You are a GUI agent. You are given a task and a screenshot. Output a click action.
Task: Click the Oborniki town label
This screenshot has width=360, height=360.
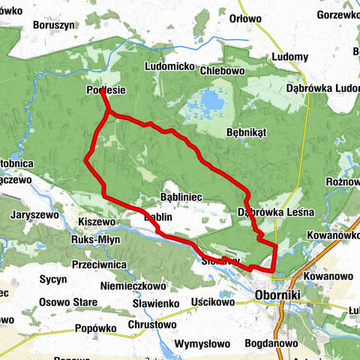click(277, 295)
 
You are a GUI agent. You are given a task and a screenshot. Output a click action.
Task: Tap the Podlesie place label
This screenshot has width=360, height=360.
click(106, 91)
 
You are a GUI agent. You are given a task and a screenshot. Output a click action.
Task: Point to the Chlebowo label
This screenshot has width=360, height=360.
click(223, 71)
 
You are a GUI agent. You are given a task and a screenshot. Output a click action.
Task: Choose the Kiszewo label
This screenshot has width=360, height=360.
click(96, 222)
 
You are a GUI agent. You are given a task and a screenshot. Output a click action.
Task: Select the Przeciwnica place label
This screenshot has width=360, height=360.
click(98, 264)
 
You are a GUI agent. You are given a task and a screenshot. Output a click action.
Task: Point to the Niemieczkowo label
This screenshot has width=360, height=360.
click(135, 286)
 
